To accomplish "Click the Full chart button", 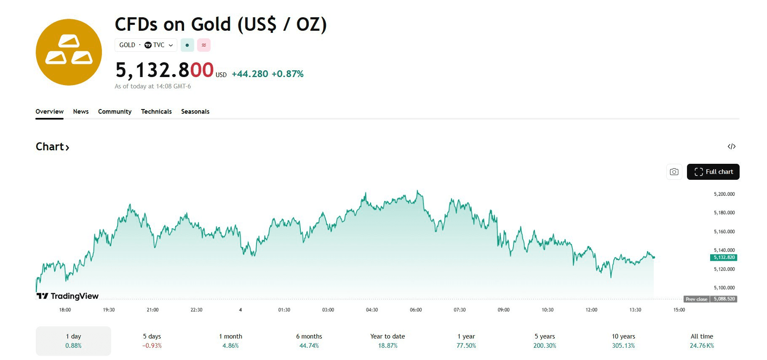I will (x=713, y=172).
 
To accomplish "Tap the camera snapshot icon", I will (x=674, y=172).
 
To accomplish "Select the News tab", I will (x=81, y=112).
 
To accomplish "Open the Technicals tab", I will (x=156, y=112).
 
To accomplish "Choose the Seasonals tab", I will (x=195, y=112).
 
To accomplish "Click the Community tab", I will (x=115, y=112).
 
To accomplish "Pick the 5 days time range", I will (x=152, y=341).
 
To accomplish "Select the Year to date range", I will (x=388, y=341).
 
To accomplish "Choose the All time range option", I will (x=702, y=341).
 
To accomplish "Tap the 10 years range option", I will (x=623, y=341).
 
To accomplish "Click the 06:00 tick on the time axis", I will (x=416, y=310).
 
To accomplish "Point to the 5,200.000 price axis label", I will (x=724, y=194).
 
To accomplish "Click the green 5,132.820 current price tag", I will (x=724, y=257).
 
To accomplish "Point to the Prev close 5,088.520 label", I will (x=711, y=299).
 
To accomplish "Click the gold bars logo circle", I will (x=69, y=52).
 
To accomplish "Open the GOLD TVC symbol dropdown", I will (x=146, y=45).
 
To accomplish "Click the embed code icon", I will (x=731, y=147).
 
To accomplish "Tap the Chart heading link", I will (x=52, y=147).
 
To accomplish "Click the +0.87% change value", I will (x=287, y=74).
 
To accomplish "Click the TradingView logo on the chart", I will (x=67, y=296).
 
